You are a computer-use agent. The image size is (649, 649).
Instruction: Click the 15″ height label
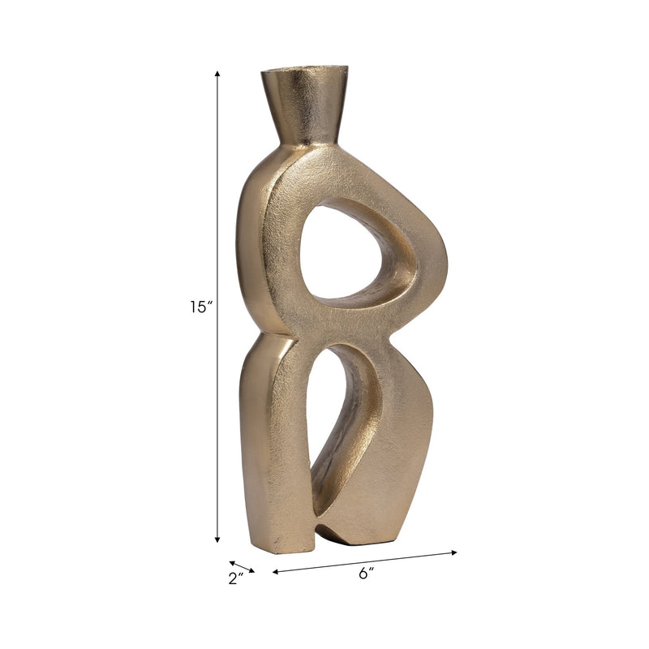tap(199, 307)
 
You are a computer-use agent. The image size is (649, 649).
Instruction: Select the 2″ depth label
tap(236, 579)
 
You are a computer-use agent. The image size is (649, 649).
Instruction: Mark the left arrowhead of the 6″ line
tap(276, 572)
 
